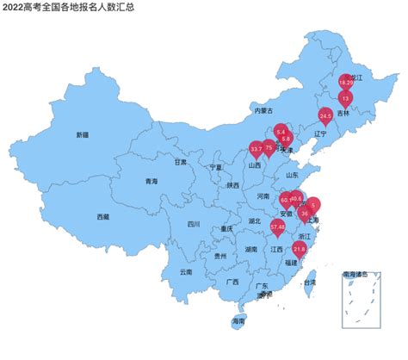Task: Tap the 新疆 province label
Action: (x=82, y=135)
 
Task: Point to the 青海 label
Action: (x=151, y=182)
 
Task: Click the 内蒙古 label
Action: (x=263, y=111)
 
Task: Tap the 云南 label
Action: (x=187, y=272)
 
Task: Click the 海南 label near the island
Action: (x=238, y=321)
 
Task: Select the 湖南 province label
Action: (x=250, y=249)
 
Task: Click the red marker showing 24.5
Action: (x=325, y=115)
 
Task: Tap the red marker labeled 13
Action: (x=345, y=98)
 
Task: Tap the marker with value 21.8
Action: (x=300, y=248)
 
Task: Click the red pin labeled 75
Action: (x=269, y=147)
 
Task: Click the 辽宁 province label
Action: (x=320, y=133)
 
